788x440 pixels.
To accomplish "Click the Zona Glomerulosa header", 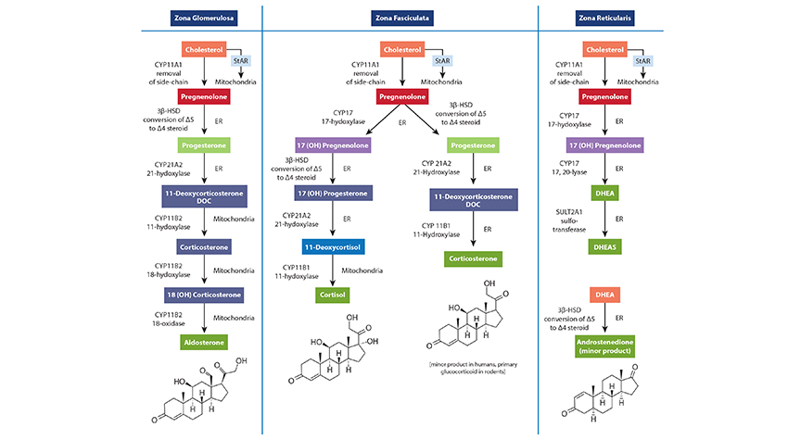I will coord(203,18).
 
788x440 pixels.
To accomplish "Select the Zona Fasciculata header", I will coord(401,18).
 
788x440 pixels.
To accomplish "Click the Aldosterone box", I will coord(203,342).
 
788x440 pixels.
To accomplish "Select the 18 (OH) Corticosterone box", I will coord(203,295).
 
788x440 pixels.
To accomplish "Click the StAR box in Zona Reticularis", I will coord(643,60).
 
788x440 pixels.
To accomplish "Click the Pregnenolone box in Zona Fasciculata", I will coord(402,96).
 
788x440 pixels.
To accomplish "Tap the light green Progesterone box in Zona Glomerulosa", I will coord(203,145).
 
